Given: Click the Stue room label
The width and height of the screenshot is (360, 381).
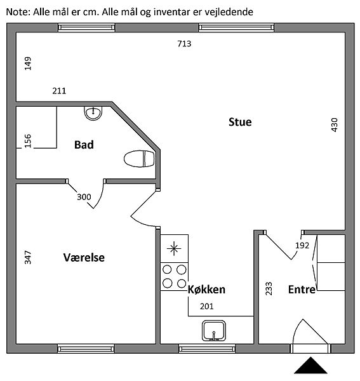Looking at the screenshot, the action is click(240, 122).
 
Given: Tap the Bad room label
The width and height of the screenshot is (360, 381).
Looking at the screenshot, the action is click(84, 145).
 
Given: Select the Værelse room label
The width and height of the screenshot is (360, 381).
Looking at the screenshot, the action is click(84, 258).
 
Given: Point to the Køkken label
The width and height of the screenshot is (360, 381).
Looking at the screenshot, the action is click(207, 290).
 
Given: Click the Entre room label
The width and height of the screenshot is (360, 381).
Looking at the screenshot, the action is click(302, 290).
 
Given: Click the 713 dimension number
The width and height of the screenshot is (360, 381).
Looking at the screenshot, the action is click(184, 44).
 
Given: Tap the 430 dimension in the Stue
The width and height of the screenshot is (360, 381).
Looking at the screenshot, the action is click(335, 125).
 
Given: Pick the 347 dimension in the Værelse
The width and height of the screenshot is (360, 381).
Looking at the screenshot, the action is click(28, 257).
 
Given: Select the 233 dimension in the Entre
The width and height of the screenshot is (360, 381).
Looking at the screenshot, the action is click(269, 289).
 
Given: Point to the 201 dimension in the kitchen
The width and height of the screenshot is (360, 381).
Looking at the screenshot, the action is click(207, 307).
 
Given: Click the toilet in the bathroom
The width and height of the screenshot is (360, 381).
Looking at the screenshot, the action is click(139, 159).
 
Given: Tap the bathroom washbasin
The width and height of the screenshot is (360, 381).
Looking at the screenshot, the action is click(93, 113).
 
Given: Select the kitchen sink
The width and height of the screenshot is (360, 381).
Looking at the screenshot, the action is click(214, 330).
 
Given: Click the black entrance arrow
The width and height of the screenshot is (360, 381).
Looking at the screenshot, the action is click(310, 365).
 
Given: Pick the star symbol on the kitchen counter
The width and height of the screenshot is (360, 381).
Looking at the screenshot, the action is click(174, 248).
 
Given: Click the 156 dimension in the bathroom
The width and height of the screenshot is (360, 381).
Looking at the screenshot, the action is click(28, 141).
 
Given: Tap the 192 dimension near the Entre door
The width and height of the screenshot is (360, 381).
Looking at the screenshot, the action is click(302, 246).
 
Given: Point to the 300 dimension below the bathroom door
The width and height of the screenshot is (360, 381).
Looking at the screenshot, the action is click(84, 197).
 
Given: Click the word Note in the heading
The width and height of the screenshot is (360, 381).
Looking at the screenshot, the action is click(18, 11).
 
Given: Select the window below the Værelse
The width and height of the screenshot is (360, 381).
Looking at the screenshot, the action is click(86, 349).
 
